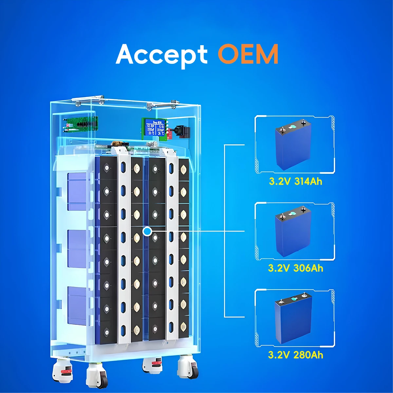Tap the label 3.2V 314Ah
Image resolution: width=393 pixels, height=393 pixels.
tap(295, 181)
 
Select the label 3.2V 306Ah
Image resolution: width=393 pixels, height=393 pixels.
tap(295, 268)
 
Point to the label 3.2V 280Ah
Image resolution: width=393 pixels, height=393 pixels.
tap(295, 355)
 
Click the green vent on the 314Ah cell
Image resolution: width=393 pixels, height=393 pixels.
tap(293, 126)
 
